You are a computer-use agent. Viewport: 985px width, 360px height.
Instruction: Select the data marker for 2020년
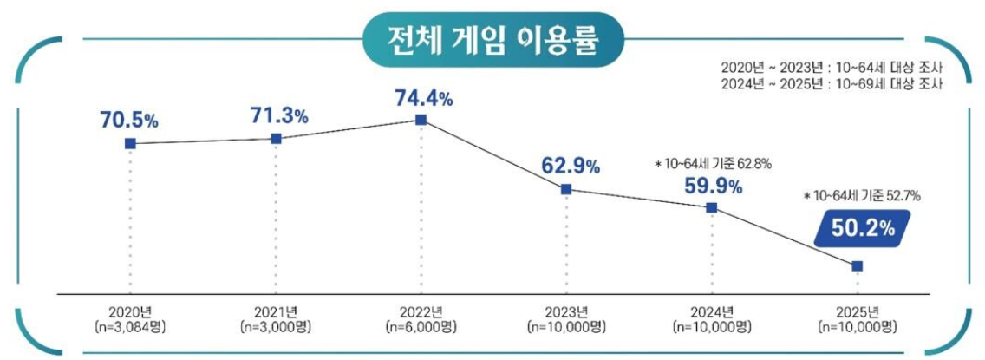[130, 143]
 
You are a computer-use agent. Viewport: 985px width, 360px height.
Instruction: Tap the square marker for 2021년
[276, 138]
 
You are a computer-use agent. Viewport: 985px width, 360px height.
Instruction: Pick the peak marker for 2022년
[421, 120]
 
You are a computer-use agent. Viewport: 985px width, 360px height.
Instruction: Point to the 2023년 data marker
[565, 188]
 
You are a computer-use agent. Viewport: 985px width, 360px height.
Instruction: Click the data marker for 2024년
[711, 207]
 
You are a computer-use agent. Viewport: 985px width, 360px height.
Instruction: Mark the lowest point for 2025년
[857, 265]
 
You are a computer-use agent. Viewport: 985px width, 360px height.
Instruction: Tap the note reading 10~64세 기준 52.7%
[863, 197]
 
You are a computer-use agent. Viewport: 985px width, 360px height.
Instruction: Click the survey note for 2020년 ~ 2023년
[832, 67]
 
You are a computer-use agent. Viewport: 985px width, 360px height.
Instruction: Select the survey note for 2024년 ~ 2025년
[832, 83]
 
